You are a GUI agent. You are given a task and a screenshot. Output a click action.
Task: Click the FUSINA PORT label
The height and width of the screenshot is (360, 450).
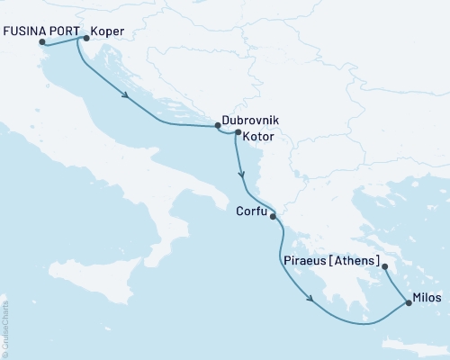(39, 30)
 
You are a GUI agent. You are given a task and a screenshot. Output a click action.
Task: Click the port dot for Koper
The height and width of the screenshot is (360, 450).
(85, 38)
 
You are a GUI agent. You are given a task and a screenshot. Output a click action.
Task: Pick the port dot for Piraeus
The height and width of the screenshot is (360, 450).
(384, 265)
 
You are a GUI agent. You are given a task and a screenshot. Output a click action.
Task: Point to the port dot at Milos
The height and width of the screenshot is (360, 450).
(409, 303)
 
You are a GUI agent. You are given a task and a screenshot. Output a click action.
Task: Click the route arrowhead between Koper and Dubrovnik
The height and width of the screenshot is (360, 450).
(126, 96)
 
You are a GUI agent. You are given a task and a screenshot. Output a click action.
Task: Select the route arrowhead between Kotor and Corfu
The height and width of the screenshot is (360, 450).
(241, 175)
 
